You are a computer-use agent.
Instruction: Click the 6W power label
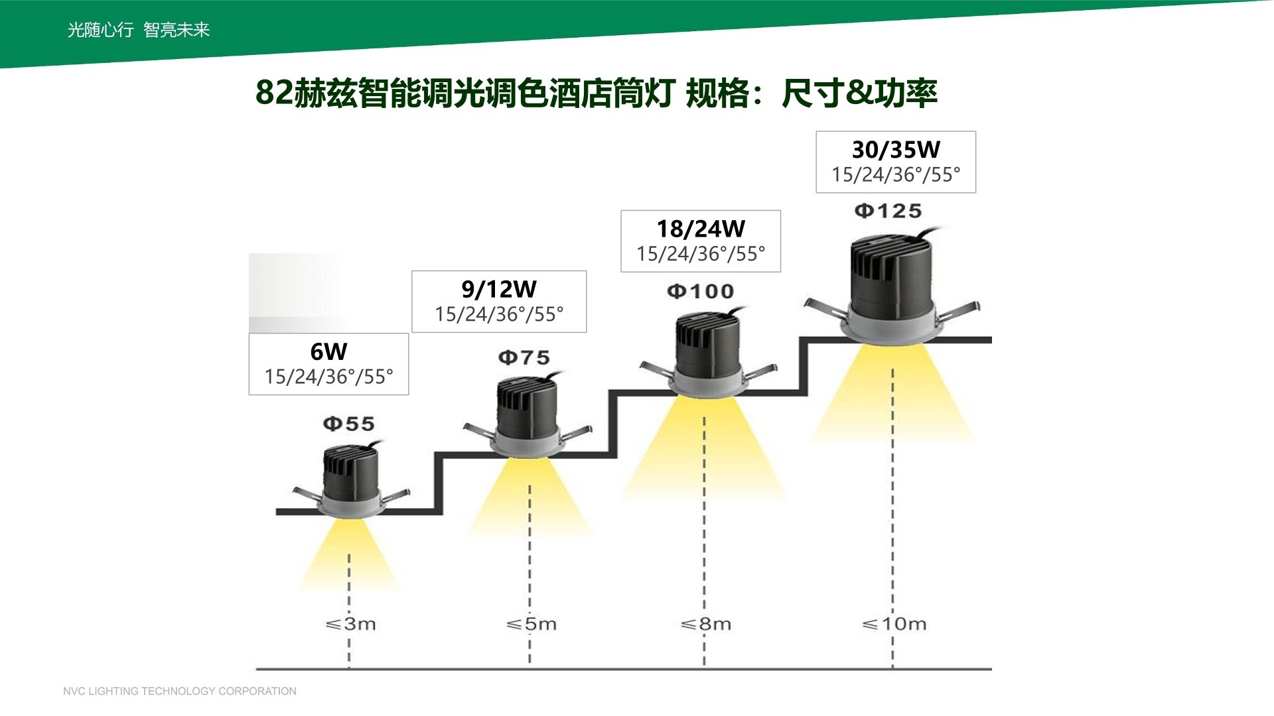point(328,351)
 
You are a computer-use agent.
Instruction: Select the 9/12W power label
point(499,289)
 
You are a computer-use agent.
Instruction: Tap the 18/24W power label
point(701,229)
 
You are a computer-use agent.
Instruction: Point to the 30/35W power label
point(896,150)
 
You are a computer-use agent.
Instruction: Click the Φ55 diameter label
point(349,424)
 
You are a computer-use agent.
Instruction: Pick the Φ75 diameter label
point(524,358)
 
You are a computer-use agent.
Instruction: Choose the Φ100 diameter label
point(701,291)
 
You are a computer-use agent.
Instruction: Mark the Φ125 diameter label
point(888,211)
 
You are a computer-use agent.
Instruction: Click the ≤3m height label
point(351,624)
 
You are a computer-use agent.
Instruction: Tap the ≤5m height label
point(531,624)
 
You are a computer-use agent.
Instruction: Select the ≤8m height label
point(706,624)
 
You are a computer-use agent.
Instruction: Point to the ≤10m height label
point(894,624)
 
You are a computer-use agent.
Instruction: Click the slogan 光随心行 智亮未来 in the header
point(139,30)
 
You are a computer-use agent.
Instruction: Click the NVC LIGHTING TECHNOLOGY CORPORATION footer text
point(180,691)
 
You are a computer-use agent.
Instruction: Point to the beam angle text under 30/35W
point(896,175)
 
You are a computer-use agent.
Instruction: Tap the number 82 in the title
point(274,93)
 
